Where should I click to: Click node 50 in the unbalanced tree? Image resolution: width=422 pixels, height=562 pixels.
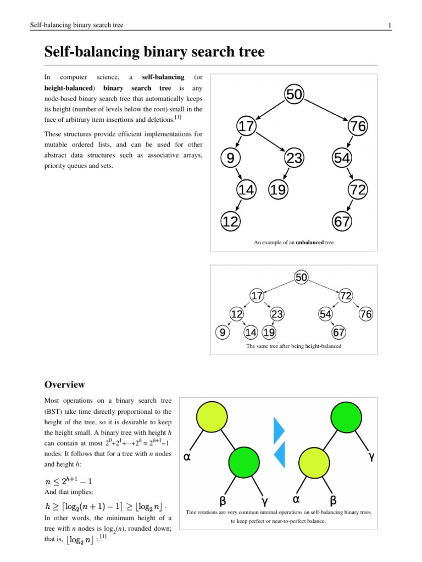294,94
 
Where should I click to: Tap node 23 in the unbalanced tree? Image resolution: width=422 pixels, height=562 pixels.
294,158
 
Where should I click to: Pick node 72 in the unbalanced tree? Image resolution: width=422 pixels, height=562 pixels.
357,190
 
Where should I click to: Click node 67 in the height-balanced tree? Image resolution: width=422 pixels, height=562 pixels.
339,333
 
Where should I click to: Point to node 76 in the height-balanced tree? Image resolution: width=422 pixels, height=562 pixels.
366,314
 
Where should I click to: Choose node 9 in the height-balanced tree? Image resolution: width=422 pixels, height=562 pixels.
222,333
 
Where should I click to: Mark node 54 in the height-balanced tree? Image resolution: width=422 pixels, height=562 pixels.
325,314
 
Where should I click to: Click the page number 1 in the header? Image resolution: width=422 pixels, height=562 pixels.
389,26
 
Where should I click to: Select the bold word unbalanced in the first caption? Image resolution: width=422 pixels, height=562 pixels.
308,242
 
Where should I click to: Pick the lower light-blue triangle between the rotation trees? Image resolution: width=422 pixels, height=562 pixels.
280,454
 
